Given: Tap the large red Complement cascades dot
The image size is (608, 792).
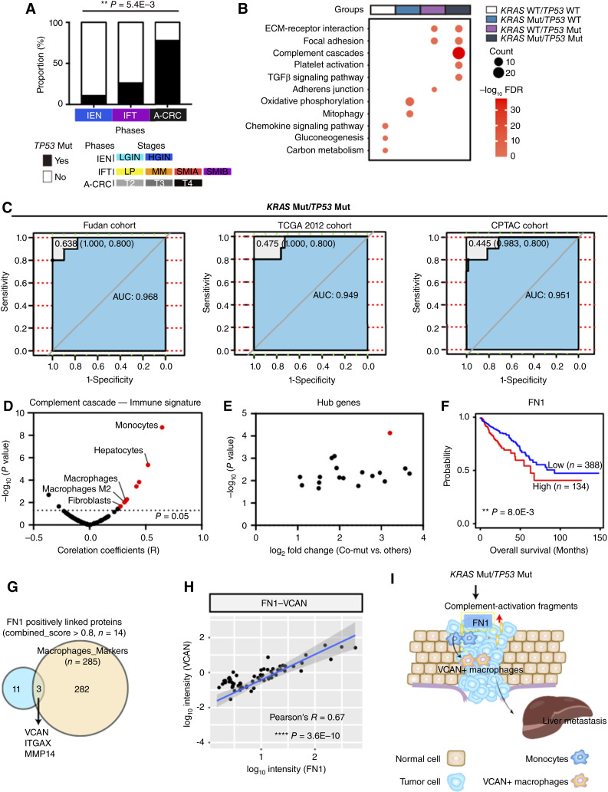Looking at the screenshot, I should click(458, 53).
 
